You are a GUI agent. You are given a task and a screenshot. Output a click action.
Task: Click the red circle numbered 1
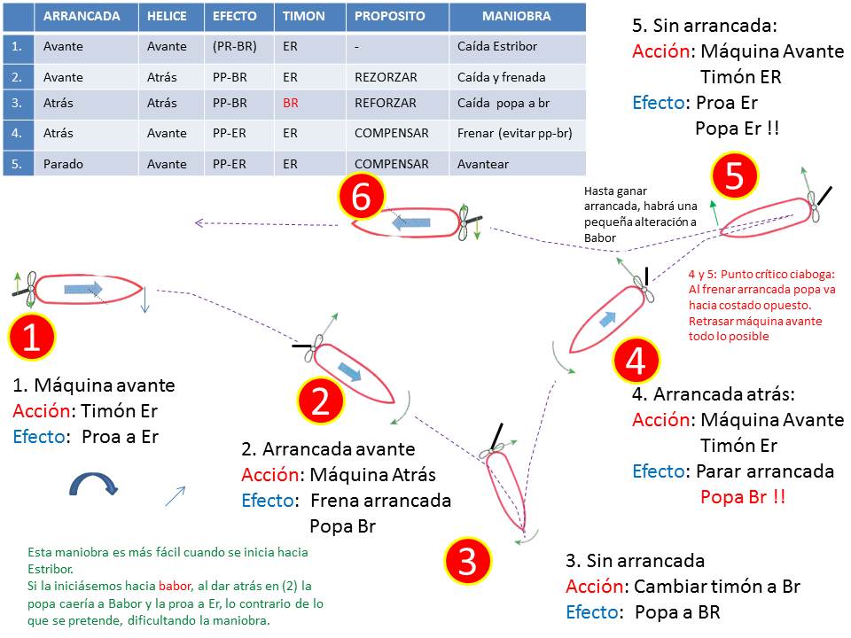point(32,337)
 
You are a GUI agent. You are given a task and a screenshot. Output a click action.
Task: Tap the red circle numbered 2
point(320,401)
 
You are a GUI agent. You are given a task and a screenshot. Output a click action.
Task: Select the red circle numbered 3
point(467,560)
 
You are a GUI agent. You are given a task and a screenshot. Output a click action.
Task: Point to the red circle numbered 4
point(636,360)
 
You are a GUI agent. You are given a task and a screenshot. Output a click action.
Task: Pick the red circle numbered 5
point(734,175)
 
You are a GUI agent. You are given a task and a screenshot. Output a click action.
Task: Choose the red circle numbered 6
point(361,197)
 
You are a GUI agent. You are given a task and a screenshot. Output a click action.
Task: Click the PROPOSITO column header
point(390,16)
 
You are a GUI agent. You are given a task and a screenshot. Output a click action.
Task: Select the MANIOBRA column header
point(517,16)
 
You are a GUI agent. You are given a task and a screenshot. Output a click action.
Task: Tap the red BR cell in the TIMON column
point(291,103)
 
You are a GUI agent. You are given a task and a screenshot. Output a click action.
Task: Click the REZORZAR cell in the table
point(386,78)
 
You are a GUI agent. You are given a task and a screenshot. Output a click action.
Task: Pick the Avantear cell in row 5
point(483,164)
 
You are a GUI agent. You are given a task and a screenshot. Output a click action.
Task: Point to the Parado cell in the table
point(63,164)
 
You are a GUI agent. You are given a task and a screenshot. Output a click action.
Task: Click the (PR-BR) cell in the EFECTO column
point(234,47)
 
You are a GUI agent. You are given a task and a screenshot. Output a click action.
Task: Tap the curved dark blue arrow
point(93,482)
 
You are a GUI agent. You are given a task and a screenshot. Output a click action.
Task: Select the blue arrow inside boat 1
point(83,289)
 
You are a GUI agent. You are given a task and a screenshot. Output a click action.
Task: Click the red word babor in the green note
point(175,586)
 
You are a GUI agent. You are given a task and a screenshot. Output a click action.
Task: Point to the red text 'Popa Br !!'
point(743,497)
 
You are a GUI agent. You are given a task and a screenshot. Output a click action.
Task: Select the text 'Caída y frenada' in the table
point(502,78)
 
